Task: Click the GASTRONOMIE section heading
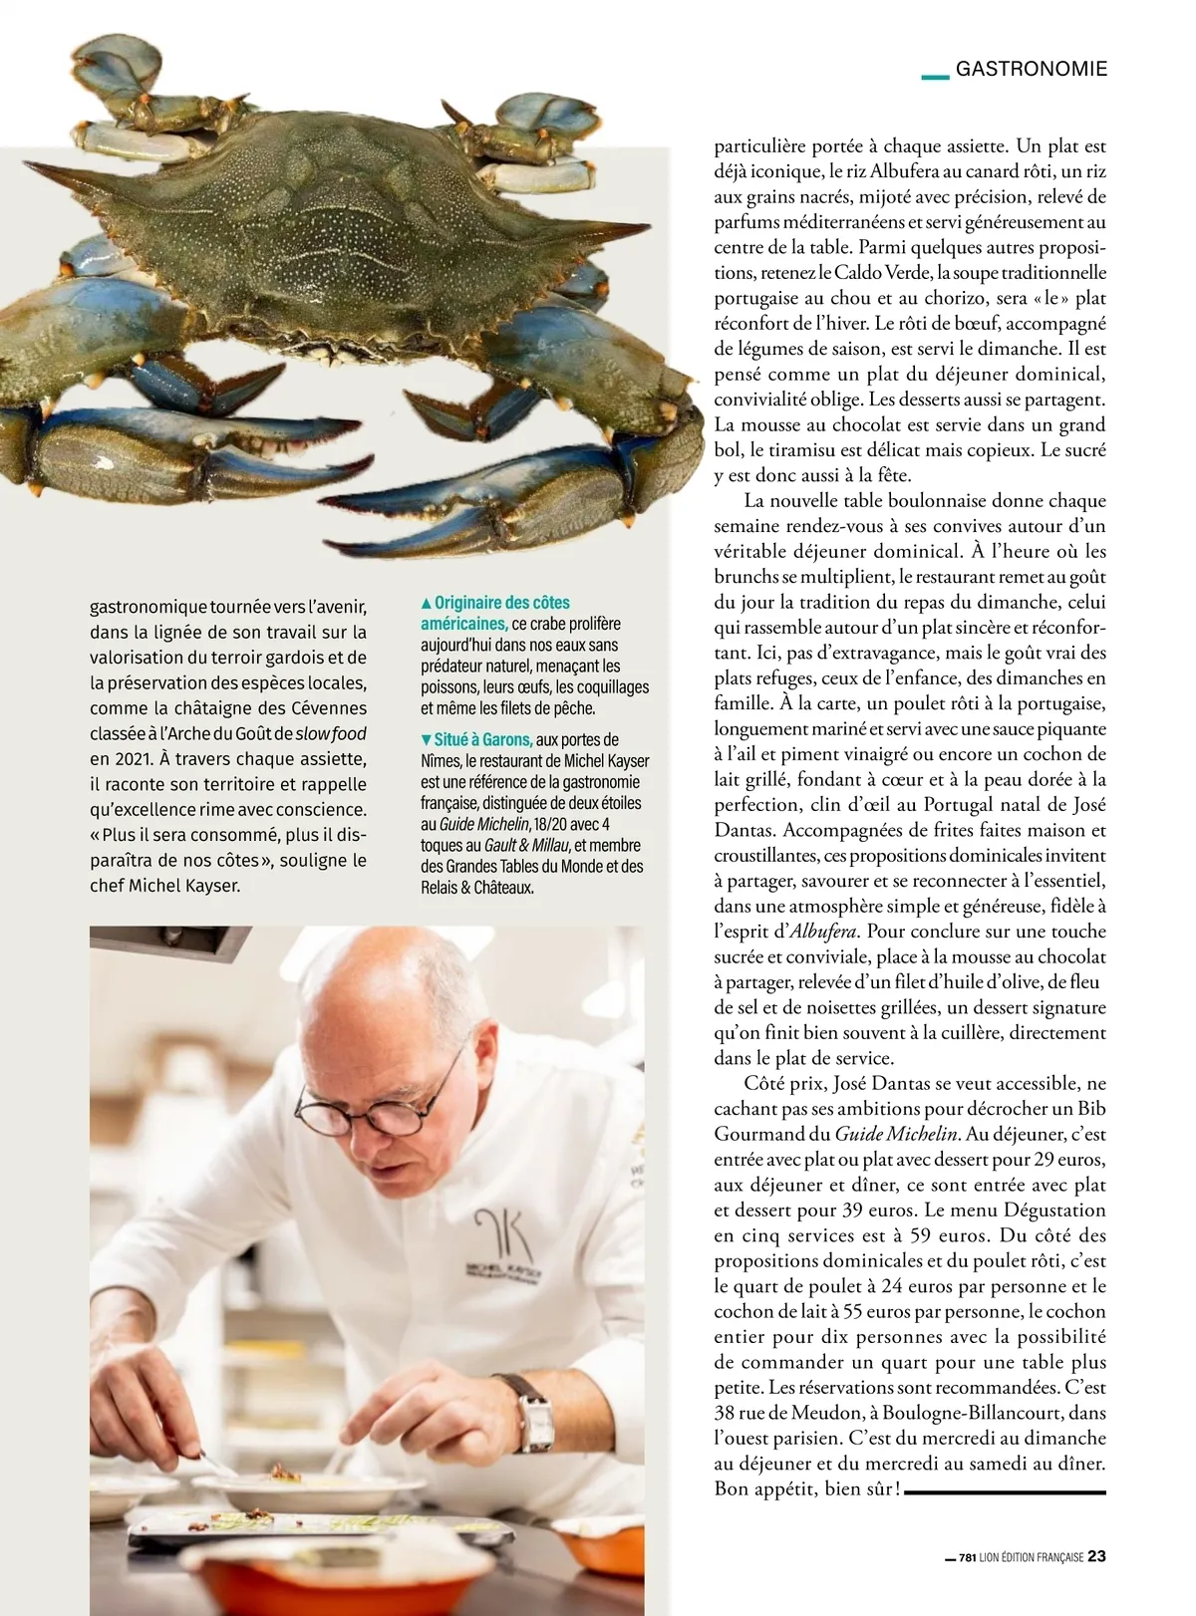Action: coord(1031,69)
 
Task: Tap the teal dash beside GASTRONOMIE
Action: coord(934,76)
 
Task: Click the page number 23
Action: coord(1096,1556)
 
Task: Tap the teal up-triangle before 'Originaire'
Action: coord(427,604)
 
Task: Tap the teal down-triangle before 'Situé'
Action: coord(427,740)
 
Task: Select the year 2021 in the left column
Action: coord(116,759)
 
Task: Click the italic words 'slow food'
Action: coord(331,734)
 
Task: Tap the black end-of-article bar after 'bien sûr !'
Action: coord(1006,1491)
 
